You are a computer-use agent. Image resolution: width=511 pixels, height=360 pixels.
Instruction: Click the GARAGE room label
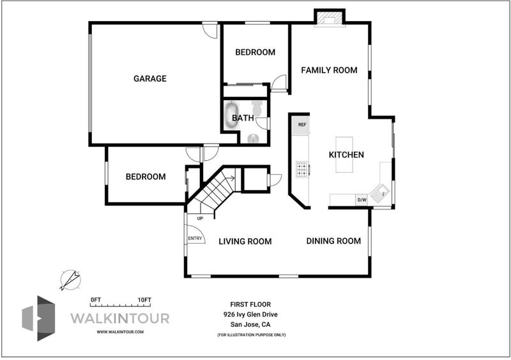(150, 79)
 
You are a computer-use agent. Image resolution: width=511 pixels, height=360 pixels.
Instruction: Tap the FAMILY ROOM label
(329, 70)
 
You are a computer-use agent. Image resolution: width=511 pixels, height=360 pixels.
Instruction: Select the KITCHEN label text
(346, 154)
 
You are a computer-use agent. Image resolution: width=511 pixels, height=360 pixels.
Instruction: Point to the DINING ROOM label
(333, 241)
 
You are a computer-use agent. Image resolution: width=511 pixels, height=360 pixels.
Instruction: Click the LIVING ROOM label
(245, 241)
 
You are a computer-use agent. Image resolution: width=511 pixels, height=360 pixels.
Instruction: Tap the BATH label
(243, 117)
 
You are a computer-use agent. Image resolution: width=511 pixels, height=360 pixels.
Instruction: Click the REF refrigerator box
(300, 124)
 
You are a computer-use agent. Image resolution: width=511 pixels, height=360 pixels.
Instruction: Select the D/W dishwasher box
(362, 200)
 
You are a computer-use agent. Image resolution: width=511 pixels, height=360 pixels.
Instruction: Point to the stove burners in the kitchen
(302, 169)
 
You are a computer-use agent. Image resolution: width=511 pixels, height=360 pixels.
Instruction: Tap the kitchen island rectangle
(344, 154)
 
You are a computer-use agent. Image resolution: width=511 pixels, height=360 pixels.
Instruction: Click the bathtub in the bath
(231, 114)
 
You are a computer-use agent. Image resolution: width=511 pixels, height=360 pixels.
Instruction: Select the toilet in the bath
(257, 108)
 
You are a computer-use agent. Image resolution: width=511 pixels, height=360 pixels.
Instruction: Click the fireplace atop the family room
(329, 19)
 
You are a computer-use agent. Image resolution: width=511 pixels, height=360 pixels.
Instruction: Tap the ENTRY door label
(195, 239)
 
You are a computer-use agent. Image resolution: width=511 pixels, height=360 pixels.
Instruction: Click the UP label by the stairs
(200, 218)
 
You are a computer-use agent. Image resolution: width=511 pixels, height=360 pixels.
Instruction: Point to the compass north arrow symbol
(70, 280)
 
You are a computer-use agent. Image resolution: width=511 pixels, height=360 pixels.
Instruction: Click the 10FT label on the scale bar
(144, 300)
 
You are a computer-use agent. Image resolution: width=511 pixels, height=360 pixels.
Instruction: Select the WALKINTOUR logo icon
(38, 319)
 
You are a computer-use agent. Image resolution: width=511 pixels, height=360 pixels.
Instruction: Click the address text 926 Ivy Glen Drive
(250, 315)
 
